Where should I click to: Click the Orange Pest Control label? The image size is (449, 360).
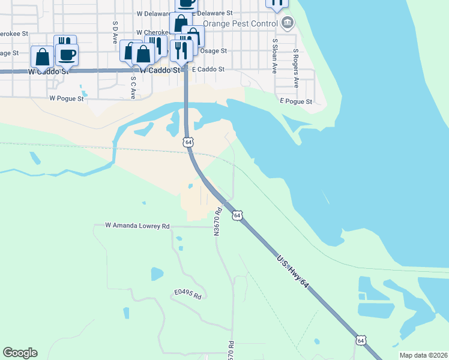(240, 23)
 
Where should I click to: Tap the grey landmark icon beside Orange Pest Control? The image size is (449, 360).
(287, 23)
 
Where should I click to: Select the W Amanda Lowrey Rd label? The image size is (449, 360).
(137, 226)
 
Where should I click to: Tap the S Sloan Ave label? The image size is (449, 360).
(274, 56)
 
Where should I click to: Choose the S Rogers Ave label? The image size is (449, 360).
(295, 61)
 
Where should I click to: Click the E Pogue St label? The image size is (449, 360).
(296, 102)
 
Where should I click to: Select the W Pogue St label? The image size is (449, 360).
(66, 98)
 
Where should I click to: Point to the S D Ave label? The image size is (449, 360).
(114, 32)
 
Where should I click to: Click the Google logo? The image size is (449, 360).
(20, 353)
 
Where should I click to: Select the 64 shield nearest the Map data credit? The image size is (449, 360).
(360, 340)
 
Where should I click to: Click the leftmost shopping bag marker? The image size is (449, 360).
(43, 58)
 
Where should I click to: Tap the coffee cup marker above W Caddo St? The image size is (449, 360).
(66, 54)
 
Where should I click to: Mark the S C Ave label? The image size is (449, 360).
(133, 90)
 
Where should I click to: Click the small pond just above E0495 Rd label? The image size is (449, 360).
(157, 274)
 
